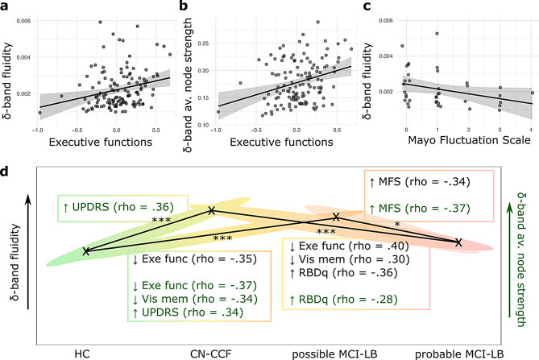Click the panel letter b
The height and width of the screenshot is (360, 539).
point(185,6)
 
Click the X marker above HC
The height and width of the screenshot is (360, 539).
point(86,250)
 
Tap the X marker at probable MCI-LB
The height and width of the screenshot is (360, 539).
point(458,242)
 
